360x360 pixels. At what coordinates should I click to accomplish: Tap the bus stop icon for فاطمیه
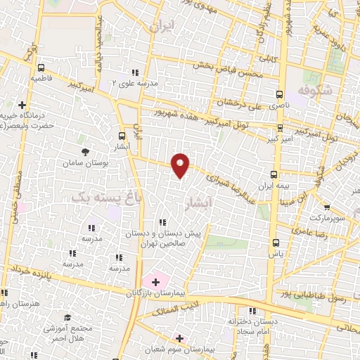click(x=41, y=69)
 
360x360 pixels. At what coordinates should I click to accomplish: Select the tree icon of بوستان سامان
click(x=85, y=151)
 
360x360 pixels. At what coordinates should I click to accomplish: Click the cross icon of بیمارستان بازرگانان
click(x=155, y=281)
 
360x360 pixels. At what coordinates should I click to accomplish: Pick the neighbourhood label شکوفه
click(x=314, y=91)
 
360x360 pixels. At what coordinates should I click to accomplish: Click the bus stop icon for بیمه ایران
click(x=274, y=174)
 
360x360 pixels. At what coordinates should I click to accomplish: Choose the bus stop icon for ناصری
click(x=279, y=94)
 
